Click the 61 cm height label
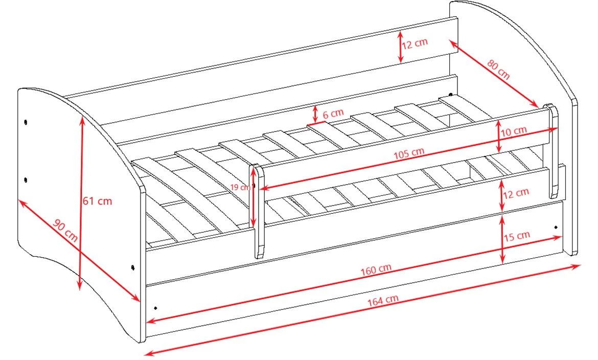coord(97,200)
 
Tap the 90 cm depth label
coord(65,231)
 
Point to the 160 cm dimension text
coord(376,269)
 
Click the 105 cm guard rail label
coord(409,153)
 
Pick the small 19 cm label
coord(240,188)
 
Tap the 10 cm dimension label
coord(514,131)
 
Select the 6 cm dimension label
coord(333,114)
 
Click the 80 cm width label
coord(498,70)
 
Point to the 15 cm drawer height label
coord(517,236)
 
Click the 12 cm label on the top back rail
coord(415,43)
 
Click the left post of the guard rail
coord(259,211)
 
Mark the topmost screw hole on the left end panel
coord(26,122)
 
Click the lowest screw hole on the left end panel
coord(133,267)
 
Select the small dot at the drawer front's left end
coord(155,307)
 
